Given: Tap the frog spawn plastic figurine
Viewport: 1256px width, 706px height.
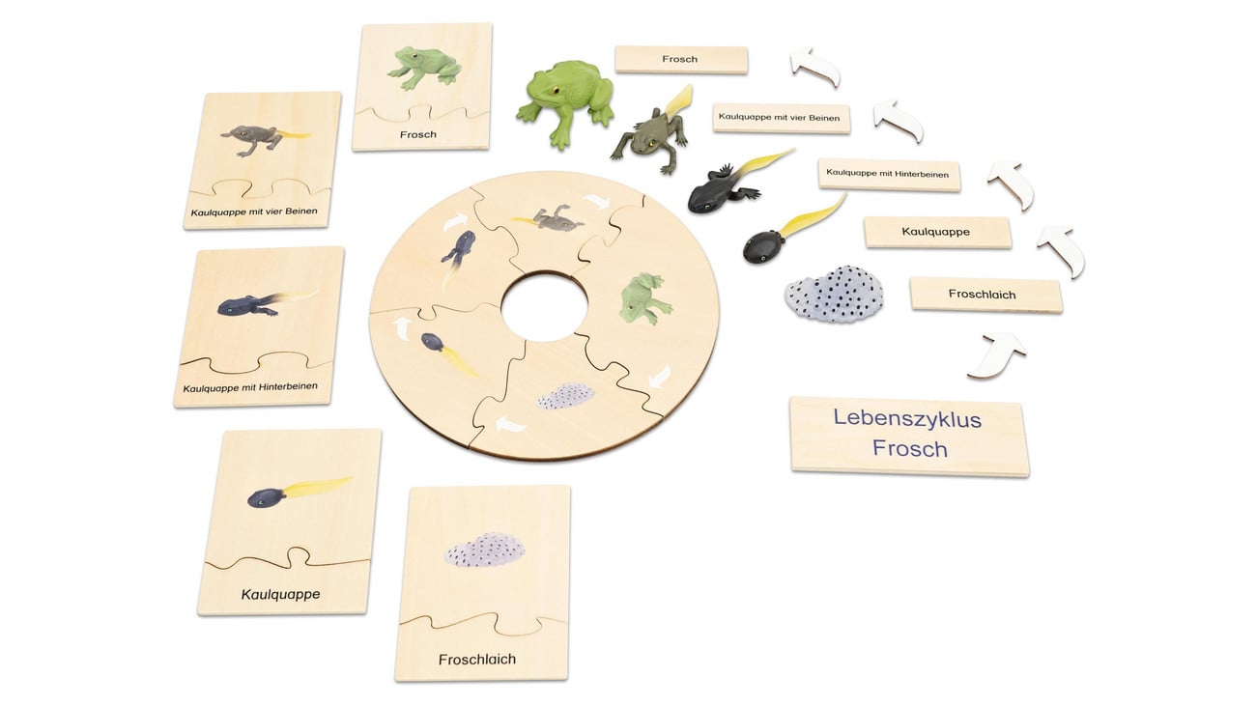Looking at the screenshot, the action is (834, 295).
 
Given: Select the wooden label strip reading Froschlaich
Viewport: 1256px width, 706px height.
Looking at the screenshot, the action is (985, 295).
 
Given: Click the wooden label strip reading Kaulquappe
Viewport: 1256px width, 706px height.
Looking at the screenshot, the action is (937, 232).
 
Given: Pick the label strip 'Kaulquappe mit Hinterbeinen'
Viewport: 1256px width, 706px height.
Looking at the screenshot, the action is (889, 175).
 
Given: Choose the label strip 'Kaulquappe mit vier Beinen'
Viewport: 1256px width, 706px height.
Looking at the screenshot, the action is (781, 118).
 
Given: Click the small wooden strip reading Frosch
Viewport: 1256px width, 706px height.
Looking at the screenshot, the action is (681, 59).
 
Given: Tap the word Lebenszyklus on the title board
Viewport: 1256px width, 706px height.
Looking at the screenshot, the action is (907, 418).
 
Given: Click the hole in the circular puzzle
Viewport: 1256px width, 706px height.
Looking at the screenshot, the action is (544, 306).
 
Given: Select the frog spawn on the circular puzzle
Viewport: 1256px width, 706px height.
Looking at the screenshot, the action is (565, 396).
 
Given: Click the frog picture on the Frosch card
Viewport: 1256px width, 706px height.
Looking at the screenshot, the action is (424, 69).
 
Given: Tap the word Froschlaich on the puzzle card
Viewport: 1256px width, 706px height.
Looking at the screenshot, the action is (477, 660).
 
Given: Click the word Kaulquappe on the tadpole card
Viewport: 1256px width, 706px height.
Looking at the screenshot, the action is (280, 595).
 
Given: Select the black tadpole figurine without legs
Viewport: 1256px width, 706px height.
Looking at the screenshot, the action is (793, 230).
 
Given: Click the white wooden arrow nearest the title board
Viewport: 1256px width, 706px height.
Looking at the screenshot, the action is (997, 355).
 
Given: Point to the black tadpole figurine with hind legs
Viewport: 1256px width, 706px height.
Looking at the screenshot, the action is (739, 181).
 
